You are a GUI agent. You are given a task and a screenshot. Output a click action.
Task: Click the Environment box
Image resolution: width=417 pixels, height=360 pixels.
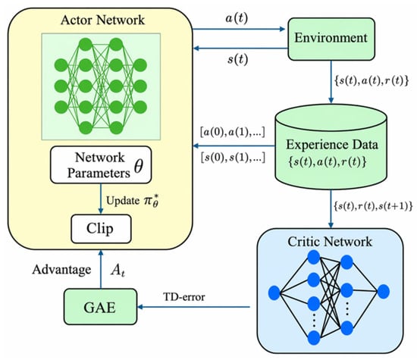click(x=331, y=39)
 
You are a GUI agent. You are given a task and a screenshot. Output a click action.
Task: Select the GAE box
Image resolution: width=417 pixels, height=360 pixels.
click(x=101, y=306)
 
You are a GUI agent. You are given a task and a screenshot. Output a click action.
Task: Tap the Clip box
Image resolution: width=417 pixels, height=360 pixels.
click(x=101, y=229)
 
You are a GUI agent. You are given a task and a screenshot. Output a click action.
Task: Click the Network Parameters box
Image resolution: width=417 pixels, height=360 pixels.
click(x=101, y=165)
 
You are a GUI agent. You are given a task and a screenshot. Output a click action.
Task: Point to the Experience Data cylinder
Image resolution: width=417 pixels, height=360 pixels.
click(x=331, y=147)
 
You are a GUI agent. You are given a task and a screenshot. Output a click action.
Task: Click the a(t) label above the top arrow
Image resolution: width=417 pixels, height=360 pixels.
click(x=237, y=18)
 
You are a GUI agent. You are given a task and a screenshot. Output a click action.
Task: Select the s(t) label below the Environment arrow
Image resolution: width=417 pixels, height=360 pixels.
click(x=237, y=60)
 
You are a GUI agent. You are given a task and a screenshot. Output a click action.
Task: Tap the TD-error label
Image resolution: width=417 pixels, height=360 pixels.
click(x=184, y=297)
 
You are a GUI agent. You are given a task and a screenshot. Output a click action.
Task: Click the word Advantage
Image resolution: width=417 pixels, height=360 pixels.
click(x=61, y=270)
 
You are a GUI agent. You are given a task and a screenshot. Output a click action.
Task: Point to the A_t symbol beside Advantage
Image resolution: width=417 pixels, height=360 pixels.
click(x=118, y=271)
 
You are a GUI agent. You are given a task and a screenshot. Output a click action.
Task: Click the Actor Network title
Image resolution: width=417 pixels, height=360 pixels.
click(x=102, y=20)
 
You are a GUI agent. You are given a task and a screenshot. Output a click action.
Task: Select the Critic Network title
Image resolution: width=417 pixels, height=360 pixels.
click(x=330, y=242)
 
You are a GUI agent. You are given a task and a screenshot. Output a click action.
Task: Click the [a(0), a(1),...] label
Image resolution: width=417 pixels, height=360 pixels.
click(x=233, y=132)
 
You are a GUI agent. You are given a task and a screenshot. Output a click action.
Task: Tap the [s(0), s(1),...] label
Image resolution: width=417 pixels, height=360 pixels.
click(x=233, y=158)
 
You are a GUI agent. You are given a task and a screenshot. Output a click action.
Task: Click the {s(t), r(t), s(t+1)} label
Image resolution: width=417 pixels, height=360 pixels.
click(x=373, y=206)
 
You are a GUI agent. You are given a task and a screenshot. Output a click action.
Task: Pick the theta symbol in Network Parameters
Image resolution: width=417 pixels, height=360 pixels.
click(x=139, y=166)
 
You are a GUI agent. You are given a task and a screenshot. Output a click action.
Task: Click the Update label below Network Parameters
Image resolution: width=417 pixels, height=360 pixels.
click(x=123, y=201)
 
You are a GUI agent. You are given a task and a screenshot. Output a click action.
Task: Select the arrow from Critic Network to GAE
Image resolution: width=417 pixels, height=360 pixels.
click(x=193, y=307)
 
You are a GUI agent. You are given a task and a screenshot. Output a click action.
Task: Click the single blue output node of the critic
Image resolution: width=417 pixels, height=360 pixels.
click(x=383, y=292)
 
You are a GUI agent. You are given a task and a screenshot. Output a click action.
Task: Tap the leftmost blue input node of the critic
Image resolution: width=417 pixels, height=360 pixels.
click(x=274, y=293)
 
